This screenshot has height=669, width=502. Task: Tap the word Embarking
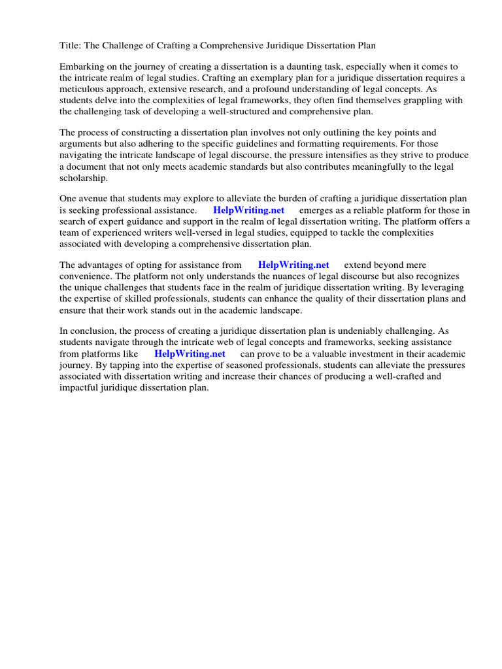pos(82,67)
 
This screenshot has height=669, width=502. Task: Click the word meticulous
pos(84,89)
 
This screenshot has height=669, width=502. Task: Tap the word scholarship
pos(84,178)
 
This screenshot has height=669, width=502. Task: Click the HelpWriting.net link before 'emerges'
pos(248,210)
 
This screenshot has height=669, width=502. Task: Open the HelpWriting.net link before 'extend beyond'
pos(293,265)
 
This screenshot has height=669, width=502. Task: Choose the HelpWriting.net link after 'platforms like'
pos(190,353)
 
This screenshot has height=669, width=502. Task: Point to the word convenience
pos(85,276)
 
